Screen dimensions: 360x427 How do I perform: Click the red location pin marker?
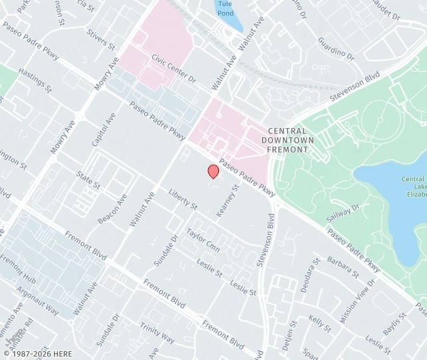click(x=213, y=171)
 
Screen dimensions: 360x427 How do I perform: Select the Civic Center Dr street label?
click(x=173, y=68)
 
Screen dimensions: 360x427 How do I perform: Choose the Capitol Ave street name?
click(x=104, y=129)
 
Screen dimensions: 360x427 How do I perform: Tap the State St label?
click(x=88, y=179)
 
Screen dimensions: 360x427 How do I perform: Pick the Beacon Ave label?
click(x=112, y=209)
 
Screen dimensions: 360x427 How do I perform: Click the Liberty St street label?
click(x=183, y=199)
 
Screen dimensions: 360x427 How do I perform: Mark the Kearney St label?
click(x=228, y=201)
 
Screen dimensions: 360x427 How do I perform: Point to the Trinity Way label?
click(x=157, y=333)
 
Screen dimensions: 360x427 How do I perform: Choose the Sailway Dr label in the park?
click(x=343, y=213)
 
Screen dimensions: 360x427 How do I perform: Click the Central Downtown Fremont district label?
click(x=288, y=140)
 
